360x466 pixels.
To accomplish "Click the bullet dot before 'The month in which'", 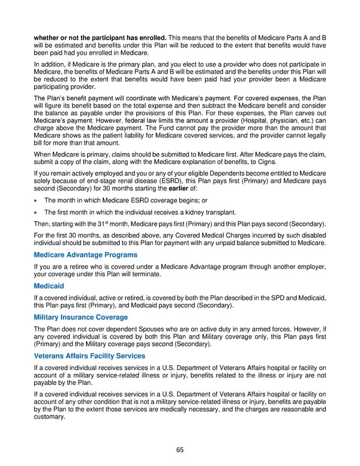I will pos(37,201).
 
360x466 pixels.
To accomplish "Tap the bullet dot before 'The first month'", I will pos(37,212).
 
